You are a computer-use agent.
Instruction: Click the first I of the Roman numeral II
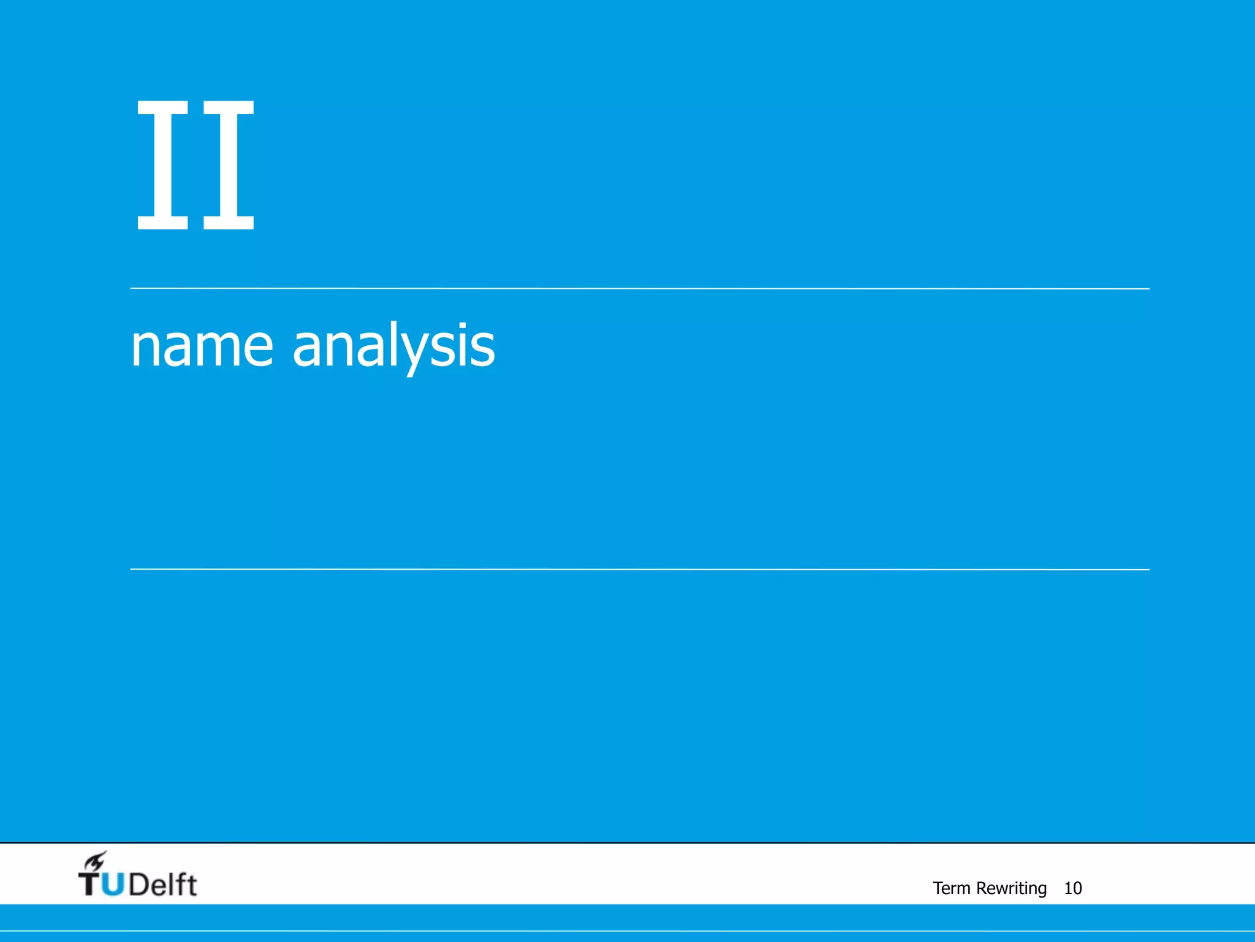(162, 165)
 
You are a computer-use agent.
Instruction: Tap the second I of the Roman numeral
(229, 165)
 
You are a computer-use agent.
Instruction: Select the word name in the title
(202, 347)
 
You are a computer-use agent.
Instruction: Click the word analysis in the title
(393, 347)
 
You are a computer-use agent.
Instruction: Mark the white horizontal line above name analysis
(639, 288)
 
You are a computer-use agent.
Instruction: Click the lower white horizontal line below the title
(639, 569)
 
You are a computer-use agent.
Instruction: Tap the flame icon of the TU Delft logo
(95, 862)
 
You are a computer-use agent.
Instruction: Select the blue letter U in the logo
(113, 884)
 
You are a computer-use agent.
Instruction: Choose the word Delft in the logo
(163, 884)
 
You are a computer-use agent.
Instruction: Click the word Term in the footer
(951, 888)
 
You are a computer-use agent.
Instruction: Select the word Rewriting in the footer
(1011, 888)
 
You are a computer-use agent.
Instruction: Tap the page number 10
(1072, 888)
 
